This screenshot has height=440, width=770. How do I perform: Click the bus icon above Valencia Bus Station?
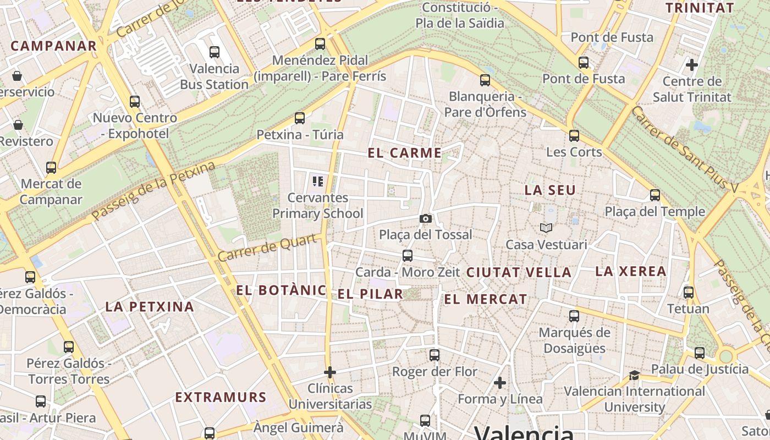pyautogui.click(x=215, y=52)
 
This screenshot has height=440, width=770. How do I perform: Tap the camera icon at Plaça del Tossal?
pyautogui.click(x=425, y=219)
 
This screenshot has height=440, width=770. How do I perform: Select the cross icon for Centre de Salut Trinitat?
pyautogui.click(x=691, y=65)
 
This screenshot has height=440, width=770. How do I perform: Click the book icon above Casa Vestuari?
pyautogui.click(x=546, y=228)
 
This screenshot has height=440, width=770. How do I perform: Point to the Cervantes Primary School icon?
pyautogui.click(x=317, y=181)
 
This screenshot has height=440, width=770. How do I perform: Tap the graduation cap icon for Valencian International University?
pyautogui.click(x=634, y=375)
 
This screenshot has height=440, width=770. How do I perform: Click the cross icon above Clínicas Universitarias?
pyautogui.click(x=330, y=372)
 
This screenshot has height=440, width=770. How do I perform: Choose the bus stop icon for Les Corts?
pyautogui.click(x=574, y=135)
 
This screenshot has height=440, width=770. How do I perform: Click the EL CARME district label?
pyautogui.click(x=404, y=153)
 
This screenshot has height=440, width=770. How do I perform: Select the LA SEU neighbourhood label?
pyautogui.click(x=550, y=190)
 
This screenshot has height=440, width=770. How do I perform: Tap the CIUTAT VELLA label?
pyautogui.click(x=519, y=272)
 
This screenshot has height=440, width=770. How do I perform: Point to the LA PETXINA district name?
pyautogui.click(x=150, y=307)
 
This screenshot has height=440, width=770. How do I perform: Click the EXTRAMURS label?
pyautogui.click(x=221, y=397)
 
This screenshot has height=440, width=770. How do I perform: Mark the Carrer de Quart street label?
pyautogui.click(x=268, y=248)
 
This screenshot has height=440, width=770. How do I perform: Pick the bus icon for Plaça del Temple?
pyautogui.click(x=654, y=195)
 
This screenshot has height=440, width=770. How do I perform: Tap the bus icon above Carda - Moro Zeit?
pyautogui.click(x=408, y=256)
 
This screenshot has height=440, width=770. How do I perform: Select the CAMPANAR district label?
pyautogui.click(x=54, y=46)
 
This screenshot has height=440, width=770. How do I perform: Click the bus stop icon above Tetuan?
pyautogui.click(x=688, y=293)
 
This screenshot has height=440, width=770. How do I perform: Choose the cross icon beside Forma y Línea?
pyautogui.click(x=500, y=382)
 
